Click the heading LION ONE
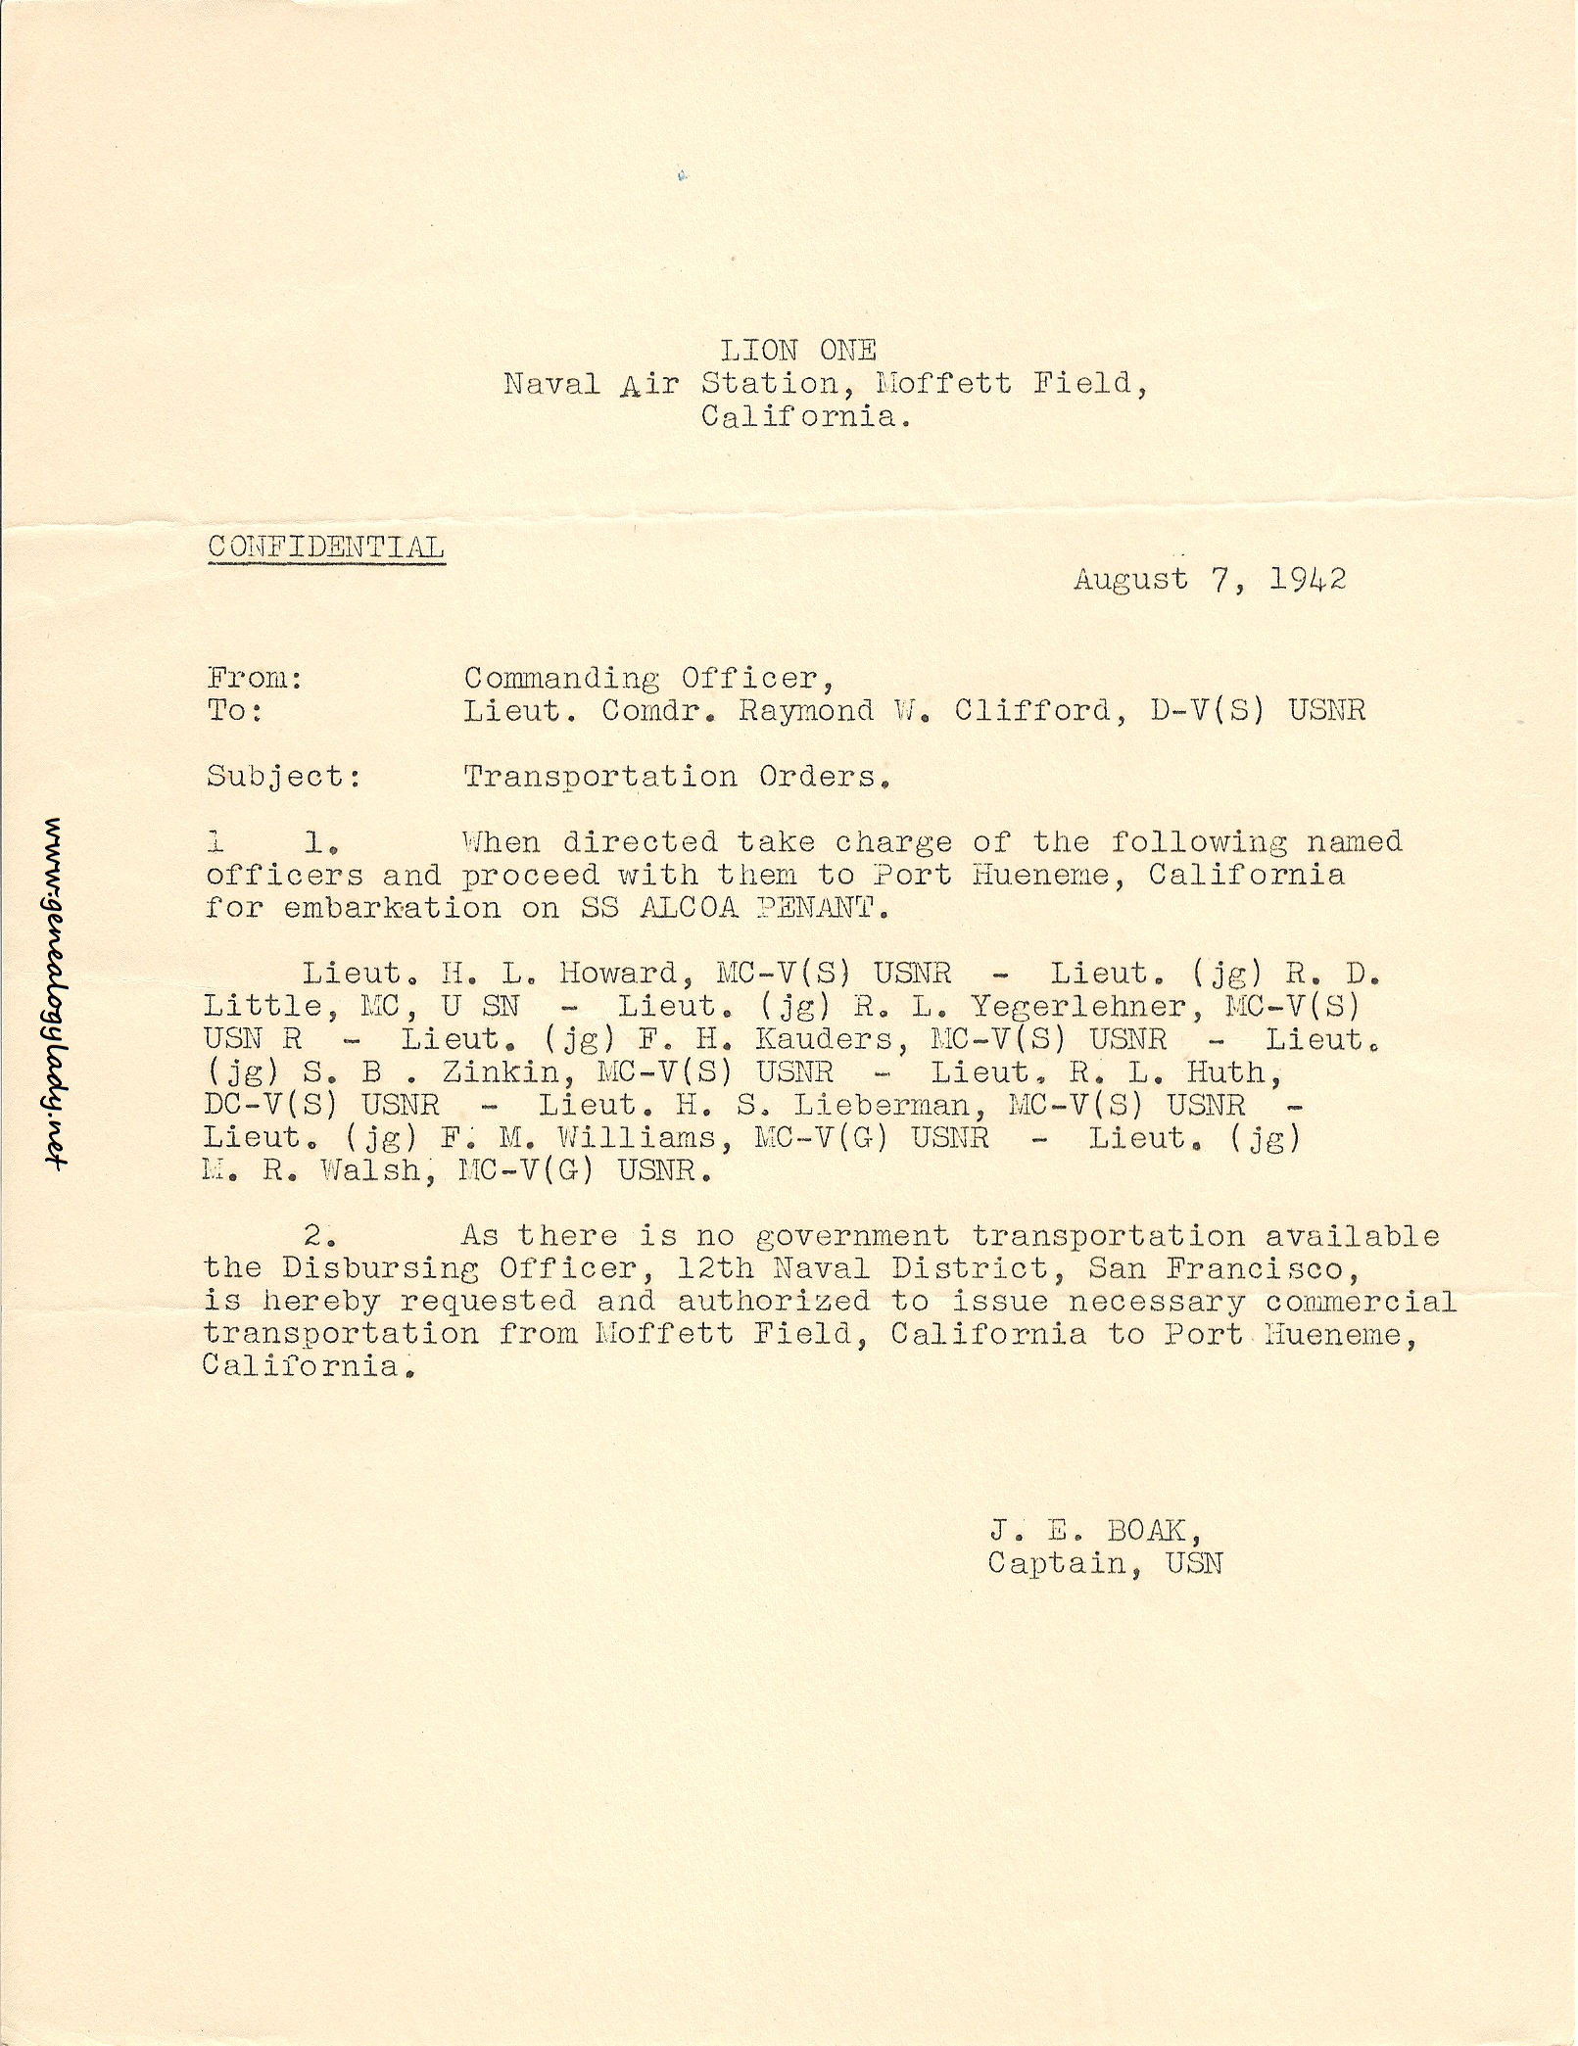pos(798,350)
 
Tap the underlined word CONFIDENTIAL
pos(326,547)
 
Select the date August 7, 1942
pos(1210,579)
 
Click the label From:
pos(255,678)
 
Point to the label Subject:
pos(284,777)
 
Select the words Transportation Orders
pos(676,777)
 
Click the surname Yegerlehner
pos(1076,1006)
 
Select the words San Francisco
pos(1223,1269)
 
